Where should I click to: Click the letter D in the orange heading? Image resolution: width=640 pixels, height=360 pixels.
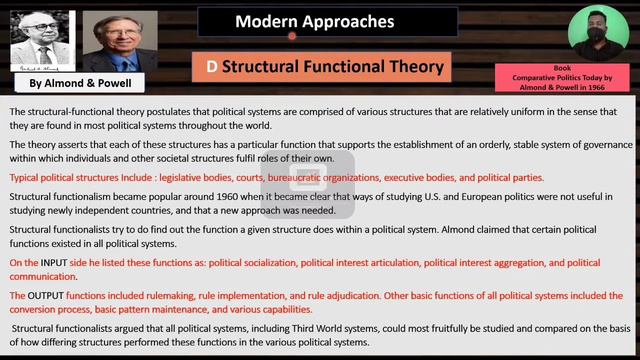211,67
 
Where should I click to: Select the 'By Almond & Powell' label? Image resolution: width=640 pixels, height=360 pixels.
71,83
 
